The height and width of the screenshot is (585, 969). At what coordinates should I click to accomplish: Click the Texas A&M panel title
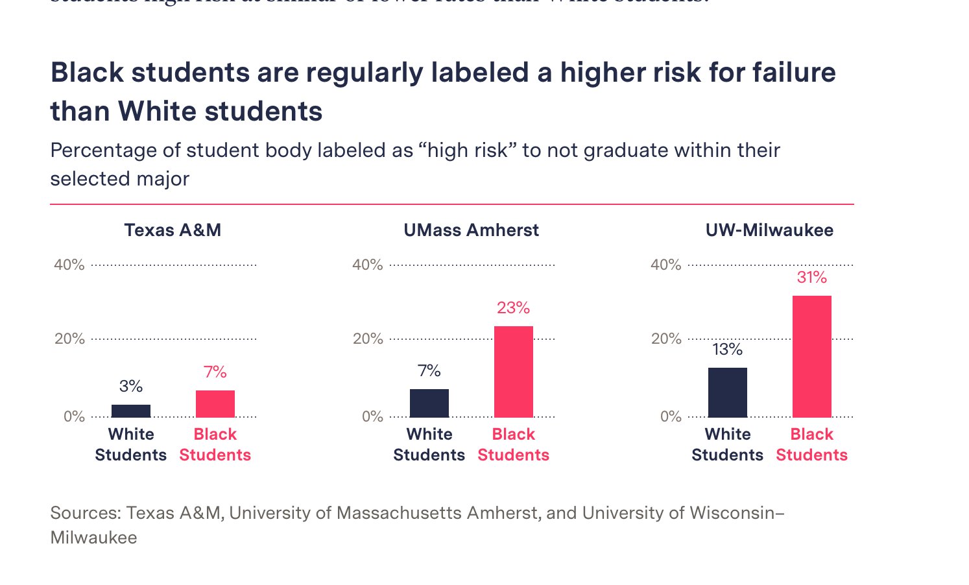pyautogui.click(x=173, y=230)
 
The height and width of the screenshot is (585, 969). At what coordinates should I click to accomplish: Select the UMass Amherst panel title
pyautogui.click(x=471, y=230)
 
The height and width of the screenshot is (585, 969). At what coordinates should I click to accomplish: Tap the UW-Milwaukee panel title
pyautogui.click(x=769, y=230)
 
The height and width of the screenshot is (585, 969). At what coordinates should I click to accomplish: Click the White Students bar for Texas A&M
pyautogui.click(x=131, y=411)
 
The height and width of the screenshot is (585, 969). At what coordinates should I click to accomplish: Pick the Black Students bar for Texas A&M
pyautogui.click(x=215, y=403)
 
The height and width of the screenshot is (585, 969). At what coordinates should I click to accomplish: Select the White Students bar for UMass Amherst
pyautogui.click(x=429, y=403)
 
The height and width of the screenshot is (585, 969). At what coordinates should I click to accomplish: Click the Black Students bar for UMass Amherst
pyautogui.click(x=514, y=372)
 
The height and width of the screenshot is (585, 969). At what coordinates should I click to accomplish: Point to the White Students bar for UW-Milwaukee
pyautogui.click(x=728, y=392)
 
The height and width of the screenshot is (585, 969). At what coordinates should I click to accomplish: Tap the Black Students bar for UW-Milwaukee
pyautogui.click(x=812, y=356)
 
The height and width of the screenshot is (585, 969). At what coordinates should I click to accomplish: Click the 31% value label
pyautogui.click(x=812, y=278)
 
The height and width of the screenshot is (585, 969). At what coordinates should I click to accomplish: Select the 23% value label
pyautogui.click(x=514, y=308)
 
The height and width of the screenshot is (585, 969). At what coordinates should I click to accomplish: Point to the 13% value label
pyautogui.click(x=727, y=350)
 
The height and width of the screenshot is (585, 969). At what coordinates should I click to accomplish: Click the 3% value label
pyautogui.click(x=131, y=387)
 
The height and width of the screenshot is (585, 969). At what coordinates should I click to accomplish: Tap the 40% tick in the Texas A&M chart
pyautogui.click(x=69, y=265)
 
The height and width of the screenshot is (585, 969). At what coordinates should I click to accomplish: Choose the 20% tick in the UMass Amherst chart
pyautogui.click(x=368, y=339)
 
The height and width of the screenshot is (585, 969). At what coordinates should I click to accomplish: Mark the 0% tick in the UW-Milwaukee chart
pyautogui.click(x=671, y=416)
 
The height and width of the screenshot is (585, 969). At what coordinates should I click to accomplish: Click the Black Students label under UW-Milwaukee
pyautogui.click(x=812, y=444)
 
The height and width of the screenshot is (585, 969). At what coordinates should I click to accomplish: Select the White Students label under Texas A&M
pyautogui.click(x=131, y=444)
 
